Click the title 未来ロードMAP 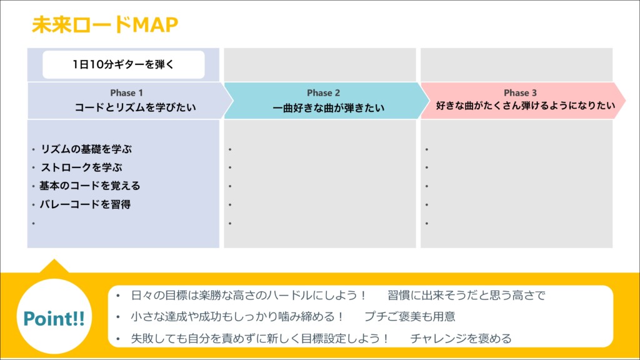(x=105, y=24)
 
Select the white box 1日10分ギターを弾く (x=124, y=64)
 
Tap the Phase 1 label (x=126, y=92)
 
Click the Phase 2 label (x=323, y=92)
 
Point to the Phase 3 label (x=520, y=92)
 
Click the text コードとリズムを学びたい (x=135, y=107)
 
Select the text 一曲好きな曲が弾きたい (x=329, y=107)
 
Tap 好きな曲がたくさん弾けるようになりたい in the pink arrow (x=525, y=106)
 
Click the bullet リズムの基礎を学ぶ (x=86, y=149)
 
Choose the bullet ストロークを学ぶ (x=81, y=167)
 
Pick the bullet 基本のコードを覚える (x=90, y=186)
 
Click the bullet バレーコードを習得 (x=85, y=204)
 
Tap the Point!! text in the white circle (x=54, y=318)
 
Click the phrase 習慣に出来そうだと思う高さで (x=466, y=295)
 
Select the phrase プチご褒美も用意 (x=410, y=316)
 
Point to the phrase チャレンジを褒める (x=461, y=338)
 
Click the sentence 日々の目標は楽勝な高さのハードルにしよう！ (x=249, y=295)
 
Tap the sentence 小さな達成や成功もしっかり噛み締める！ (x=237, y=316)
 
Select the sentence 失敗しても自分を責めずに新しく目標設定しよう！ (x=260, y=338)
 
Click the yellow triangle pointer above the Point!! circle (x=54, y=266)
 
